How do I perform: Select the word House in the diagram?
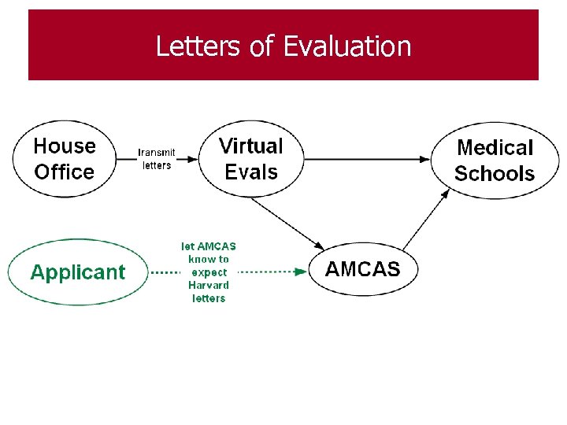pos(65,146)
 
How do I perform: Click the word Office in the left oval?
pos(65,172)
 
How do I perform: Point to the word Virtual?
pos(250,146)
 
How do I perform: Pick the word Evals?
pos(251,172)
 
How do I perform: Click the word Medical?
pos(495,148)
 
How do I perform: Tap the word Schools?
pos(495,174)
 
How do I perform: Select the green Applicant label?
pos(77,272)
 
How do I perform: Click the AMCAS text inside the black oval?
pos(362,269)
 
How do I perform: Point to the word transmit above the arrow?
pos(157,153)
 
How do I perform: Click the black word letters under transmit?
pos(157,165)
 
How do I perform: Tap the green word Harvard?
pos(209,285)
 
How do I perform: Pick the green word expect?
pos(209,272)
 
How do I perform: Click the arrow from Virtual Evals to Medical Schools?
pos(366,160)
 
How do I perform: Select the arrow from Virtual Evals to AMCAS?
pos(287,221)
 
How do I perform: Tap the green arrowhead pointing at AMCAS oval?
pos(302,272)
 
